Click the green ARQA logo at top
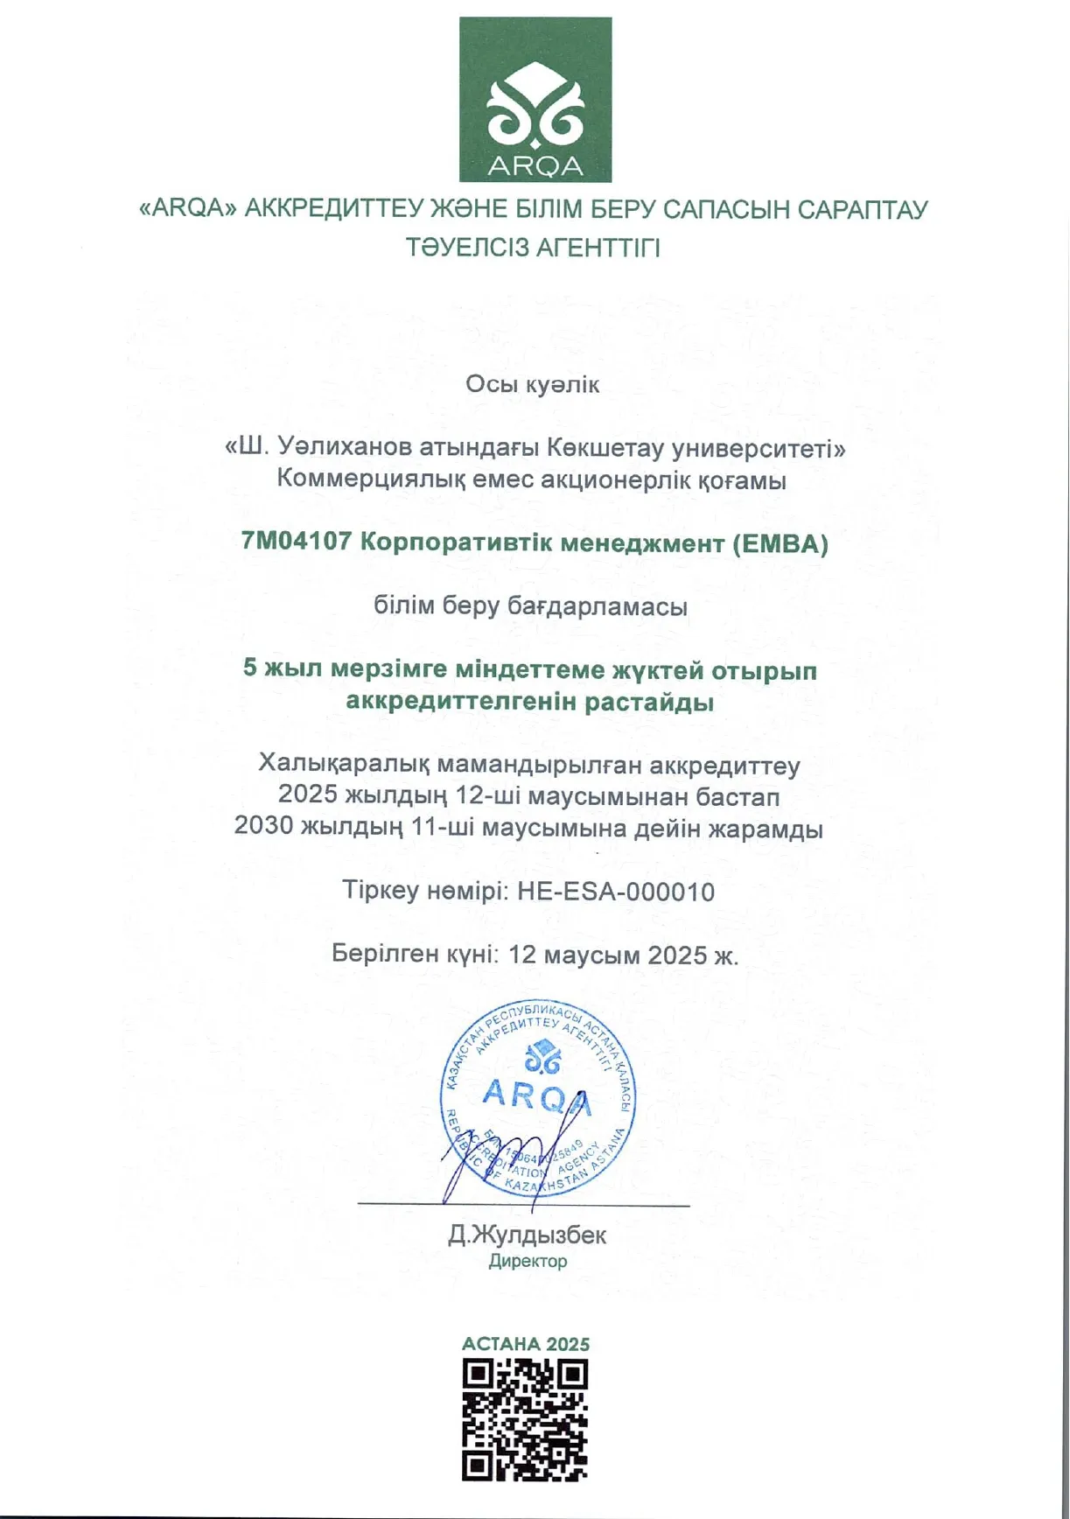pyautogui.click(x=535, y=99)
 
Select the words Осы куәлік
pyautogui.click(x=533, y=385)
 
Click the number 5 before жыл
pyautogui.click(x=250, y=669)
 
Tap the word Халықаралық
pyautogui.click(x=344, y=766)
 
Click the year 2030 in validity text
pyautogui.click(x=263, y=828)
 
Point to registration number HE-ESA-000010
pyautogui.click(x=616, y=892)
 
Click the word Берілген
pyautogui.click(x=385, y=955)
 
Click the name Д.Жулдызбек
pyautogui.click(x=527, y=1235)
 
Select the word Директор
pyautogui.click(x=528, y=1262)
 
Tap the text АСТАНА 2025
pyautogui.click(x=526, y=1344)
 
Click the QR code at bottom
pyautogui.click(x=525, y=1419)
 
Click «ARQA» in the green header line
pyautogui.click(x=188, y=210)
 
